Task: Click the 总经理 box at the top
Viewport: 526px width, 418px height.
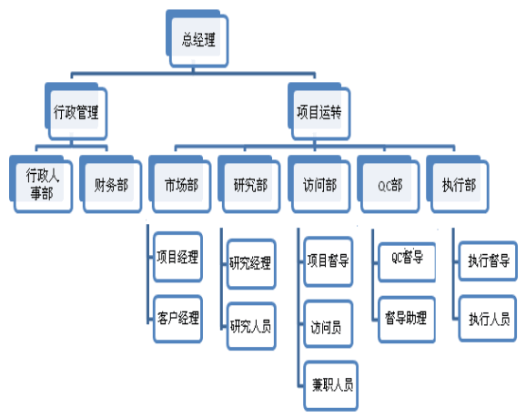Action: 197,38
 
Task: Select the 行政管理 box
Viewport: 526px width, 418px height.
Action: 76,111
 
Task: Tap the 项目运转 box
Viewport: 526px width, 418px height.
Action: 319,111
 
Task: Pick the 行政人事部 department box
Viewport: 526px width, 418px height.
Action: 41,184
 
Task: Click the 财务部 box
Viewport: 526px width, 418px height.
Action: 111,184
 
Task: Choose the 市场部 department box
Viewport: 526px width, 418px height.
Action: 180,184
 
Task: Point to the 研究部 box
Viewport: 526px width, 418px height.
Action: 249,184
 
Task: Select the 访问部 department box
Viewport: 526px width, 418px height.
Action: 319,184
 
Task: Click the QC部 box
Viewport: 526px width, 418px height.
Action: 389,184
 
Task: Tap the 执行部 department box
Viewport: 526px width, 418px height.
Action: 458,184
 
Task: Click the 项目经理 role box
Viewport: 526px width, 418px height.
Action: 177,257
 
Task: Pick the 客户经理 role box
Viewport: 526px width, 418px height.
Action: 177,319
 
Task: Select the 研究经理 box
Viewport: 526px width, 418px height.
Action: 251,264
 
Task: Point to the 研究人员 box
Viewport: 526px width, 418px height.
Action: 251,326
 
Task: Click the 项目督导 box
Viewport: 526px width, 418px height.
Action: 329,261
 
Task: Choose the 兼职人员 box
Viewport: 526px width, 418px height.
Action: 330,385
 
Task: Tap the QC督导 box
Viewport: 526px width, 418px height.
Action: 407,262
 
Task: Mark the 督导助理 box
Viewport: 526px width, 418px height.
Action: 407,320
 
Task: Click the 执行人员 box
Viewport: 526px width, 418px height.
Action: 488,319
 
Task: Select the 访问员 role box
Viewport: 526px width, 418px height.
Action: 329,323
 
